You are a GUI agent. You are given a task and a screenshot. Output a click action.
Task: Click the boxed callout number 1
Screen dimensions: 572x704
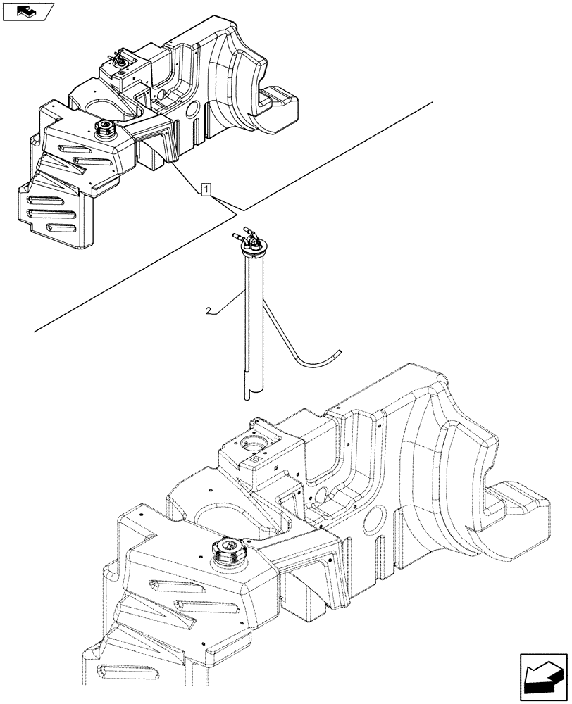(x=205, y=189)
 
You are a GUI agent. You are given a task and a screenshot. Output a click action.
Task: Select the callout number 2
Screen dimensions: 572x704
(x=209, y=309)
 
